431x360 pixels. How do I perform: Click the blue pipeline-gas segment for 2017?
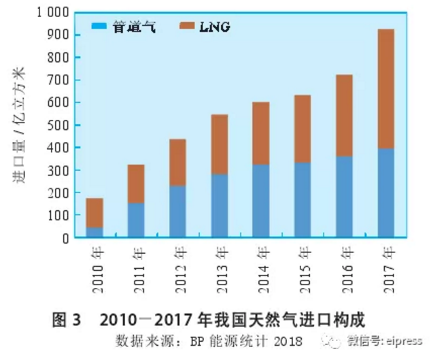point(385,193)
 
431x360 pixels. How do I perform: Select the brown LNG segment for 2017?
point(385,88)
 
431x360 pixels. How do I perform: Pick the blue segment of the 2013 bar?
point(219,206)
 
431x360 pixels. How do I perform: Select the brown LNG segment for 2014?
point(260,133)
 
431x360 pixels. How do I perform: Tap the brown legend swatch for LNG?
point(187,27)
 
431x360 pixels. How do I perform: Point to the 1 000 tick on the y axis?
point(52,12)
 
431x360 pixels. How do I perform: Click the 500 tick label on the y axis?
point(59,125)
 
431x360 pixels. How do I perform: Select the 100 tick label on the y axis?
point(59,216)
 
